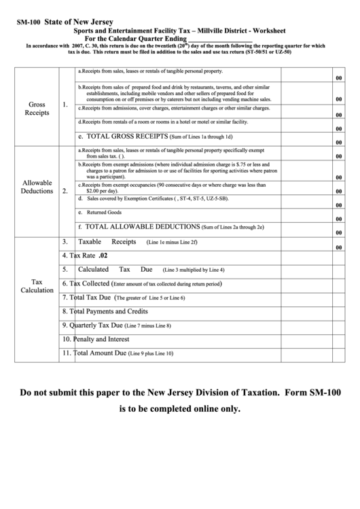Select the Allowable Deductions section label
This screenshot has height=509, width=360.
37,187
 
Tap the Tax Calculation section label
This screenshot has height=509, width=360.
37,285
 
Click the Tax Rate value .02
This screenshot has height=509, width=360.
103,256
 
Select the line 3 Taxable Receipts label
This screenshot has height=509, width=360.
107,242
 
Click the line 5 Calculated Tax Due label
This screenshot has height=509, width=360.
116,269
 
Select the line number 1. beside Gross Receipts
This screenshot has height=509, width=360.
65,105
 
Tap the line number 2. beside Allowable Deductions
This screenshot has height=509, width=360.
65,191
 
